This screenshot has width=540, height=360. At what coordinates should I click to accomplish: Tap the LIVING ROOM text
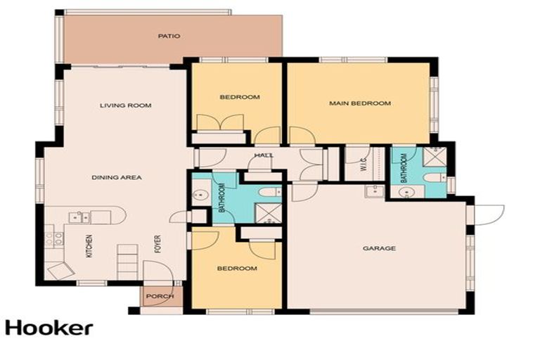coord(125,105)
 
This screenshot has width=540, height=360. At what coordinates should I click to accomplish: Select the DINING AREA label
coord(117,177)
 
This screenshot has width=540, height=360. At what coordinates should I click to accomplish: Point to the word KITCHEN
coord(89,245)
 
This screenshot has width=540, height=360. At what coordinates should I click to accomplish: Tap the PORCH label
coord(160,296)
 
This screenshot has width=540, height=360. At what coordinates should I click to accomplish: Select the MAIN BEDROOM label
coord(359,103)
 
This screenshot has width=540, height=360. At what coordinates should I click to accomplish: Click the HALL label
coord(264,155)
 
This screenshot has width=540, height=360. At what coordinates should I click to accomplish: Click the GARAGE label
coord(379,248)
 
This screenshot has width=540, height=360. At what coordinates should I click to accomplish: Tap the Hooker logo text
coord(49,328)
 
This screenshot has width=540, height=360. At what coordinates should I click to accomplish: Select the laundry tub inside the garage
coord(373,190)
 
